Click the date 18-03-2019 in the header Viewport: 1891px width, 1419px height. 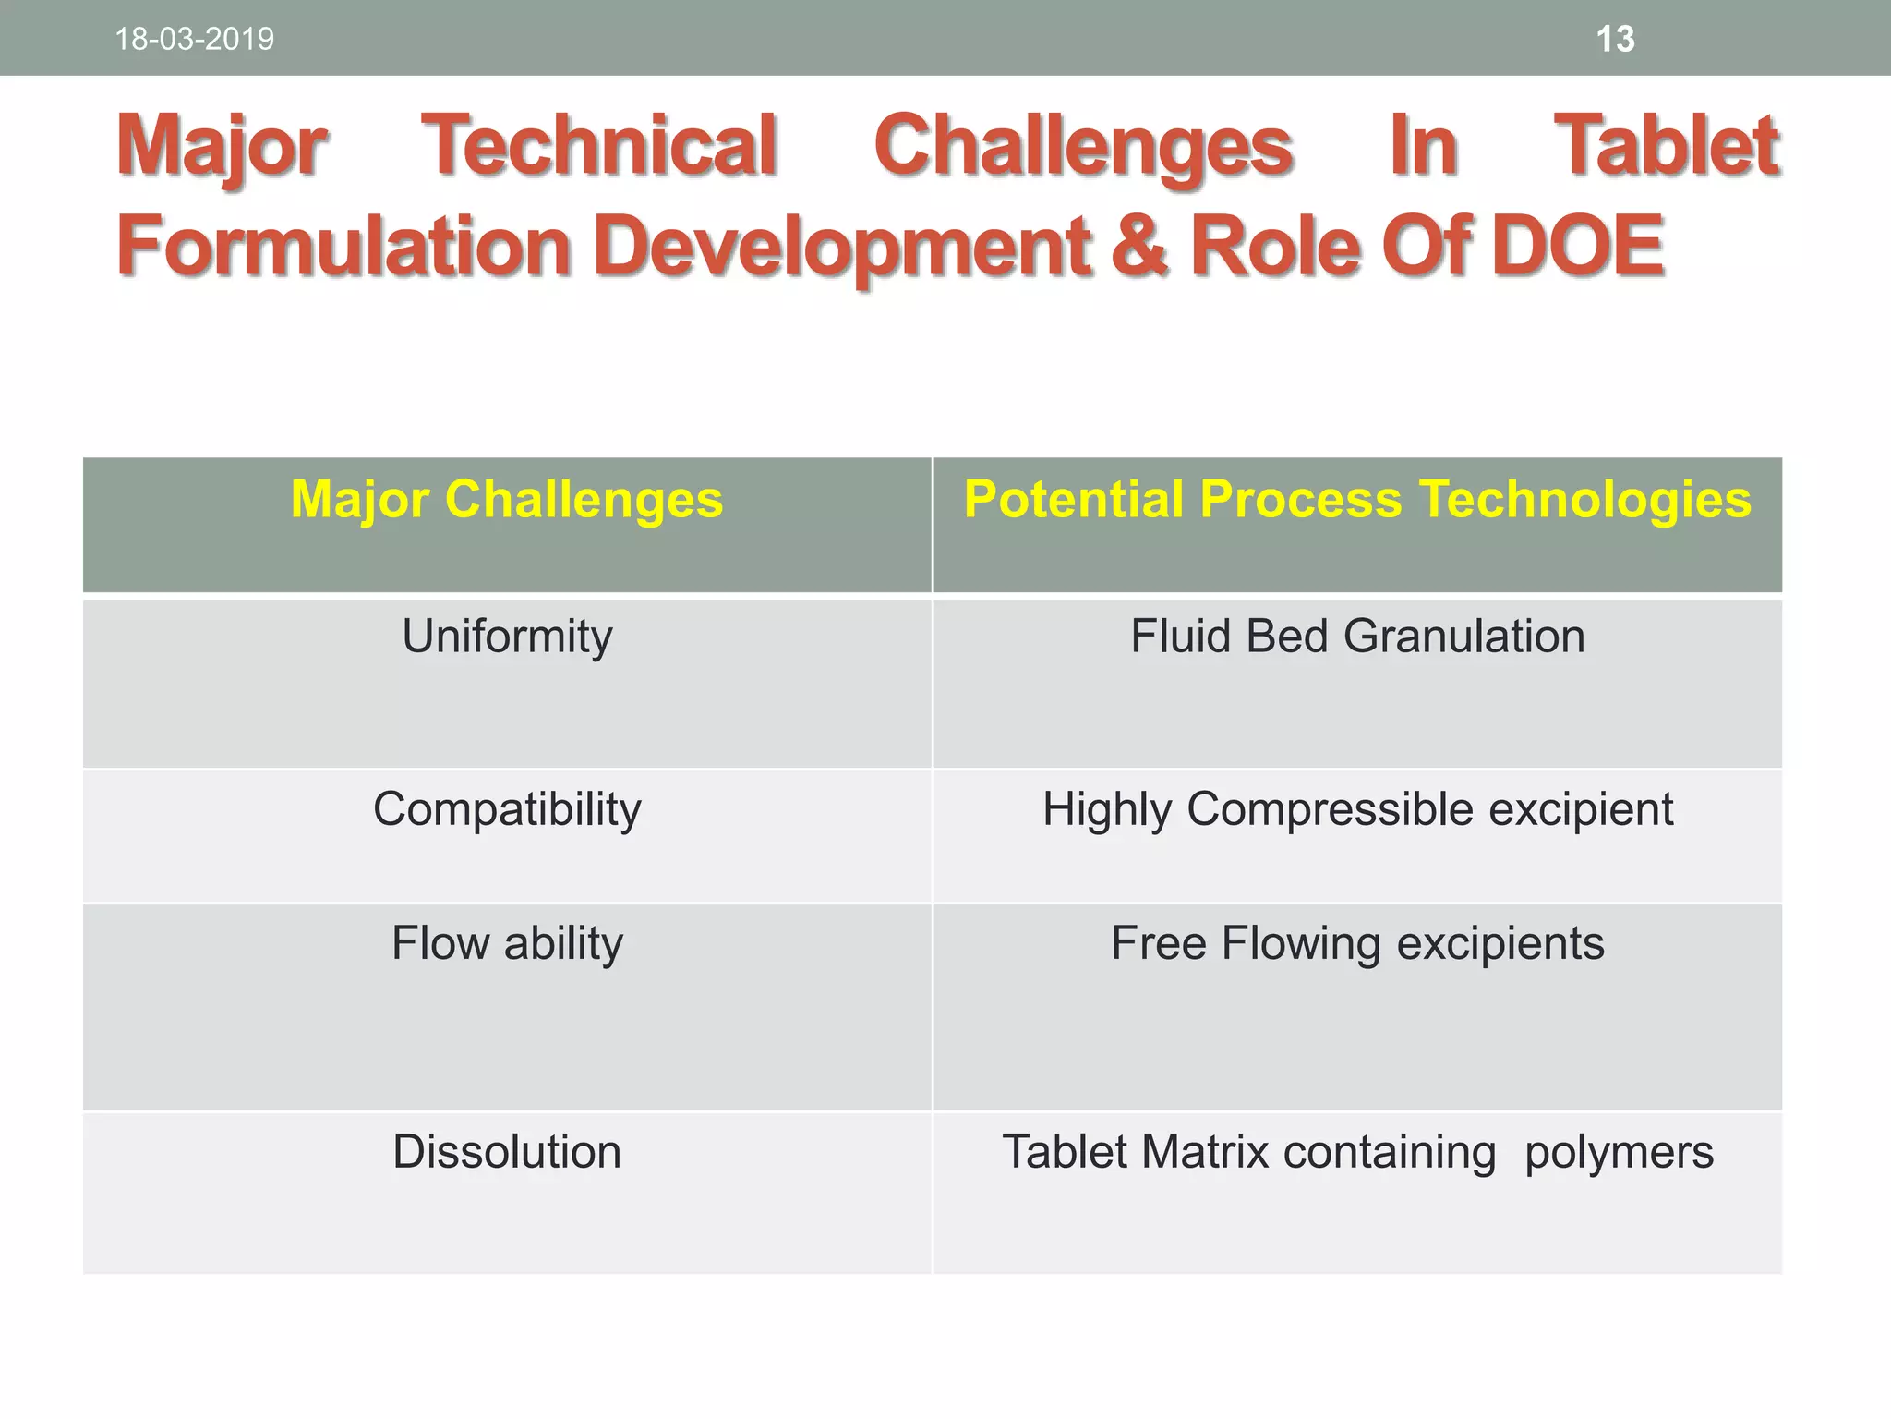pyautogui.click(x=194, y=40)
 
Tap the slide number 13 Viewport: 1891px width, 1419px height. pyautogui.click(x=1615, y=40)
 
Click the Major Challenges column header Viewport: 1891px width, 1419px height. pyautogui.click(x=507, y=500)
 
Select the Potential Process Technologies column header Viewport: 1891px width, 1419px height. pyautogui.click(x=1357, y=500)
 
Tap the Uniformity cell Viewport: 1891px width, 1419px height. pyautogui.click(x=507, y=637)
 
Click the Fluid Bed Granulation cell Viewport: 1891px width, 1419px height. pyautogui.click(x=1357, y=637)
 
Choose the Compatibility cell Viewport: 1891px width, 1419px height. pyautogui.click(x=507, y=809)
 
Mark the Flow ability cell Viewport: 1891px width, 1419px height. pyautogui.click(x=507, y=943)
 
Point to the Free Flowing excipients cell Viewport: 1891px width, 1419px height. pyautogui.click(x=1357, y=943)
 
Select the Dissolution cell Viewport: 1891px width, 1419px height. pyautogui.click(x=507, y=1152)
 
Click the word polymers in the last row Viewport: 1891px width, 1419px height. pyautogui.click(x=1619, y=1153)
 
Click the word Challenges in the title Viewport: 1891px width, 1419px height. pyautogui.click(x=1082, y=148)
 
